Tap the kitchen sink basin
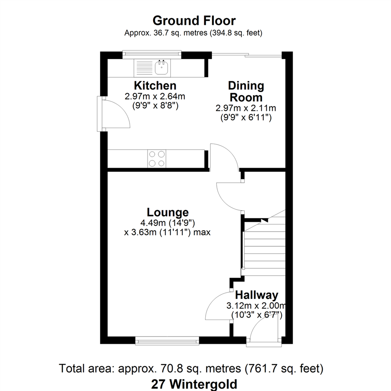pos(161,67)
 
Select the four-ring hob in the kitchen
pos(157,159)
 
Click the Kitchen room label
pos(155,86)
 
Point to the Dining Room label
pos(246,92)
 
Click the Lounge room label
pos(167,212)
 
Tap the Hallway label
pos(256,294)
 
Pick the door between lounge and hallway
pos(218,306)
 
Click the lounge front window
pos(167,340)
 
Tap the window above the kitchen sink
pos(151,54)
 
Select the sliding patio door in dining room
pos(246,55)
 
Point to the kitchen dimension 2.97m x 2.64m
pos(155,97)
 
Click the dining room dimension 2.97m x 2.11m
pos(246,108)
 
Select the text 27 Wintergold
pos(194,383)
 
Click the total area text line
pos(191,369)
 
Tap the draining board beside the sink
pos(144,67)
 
